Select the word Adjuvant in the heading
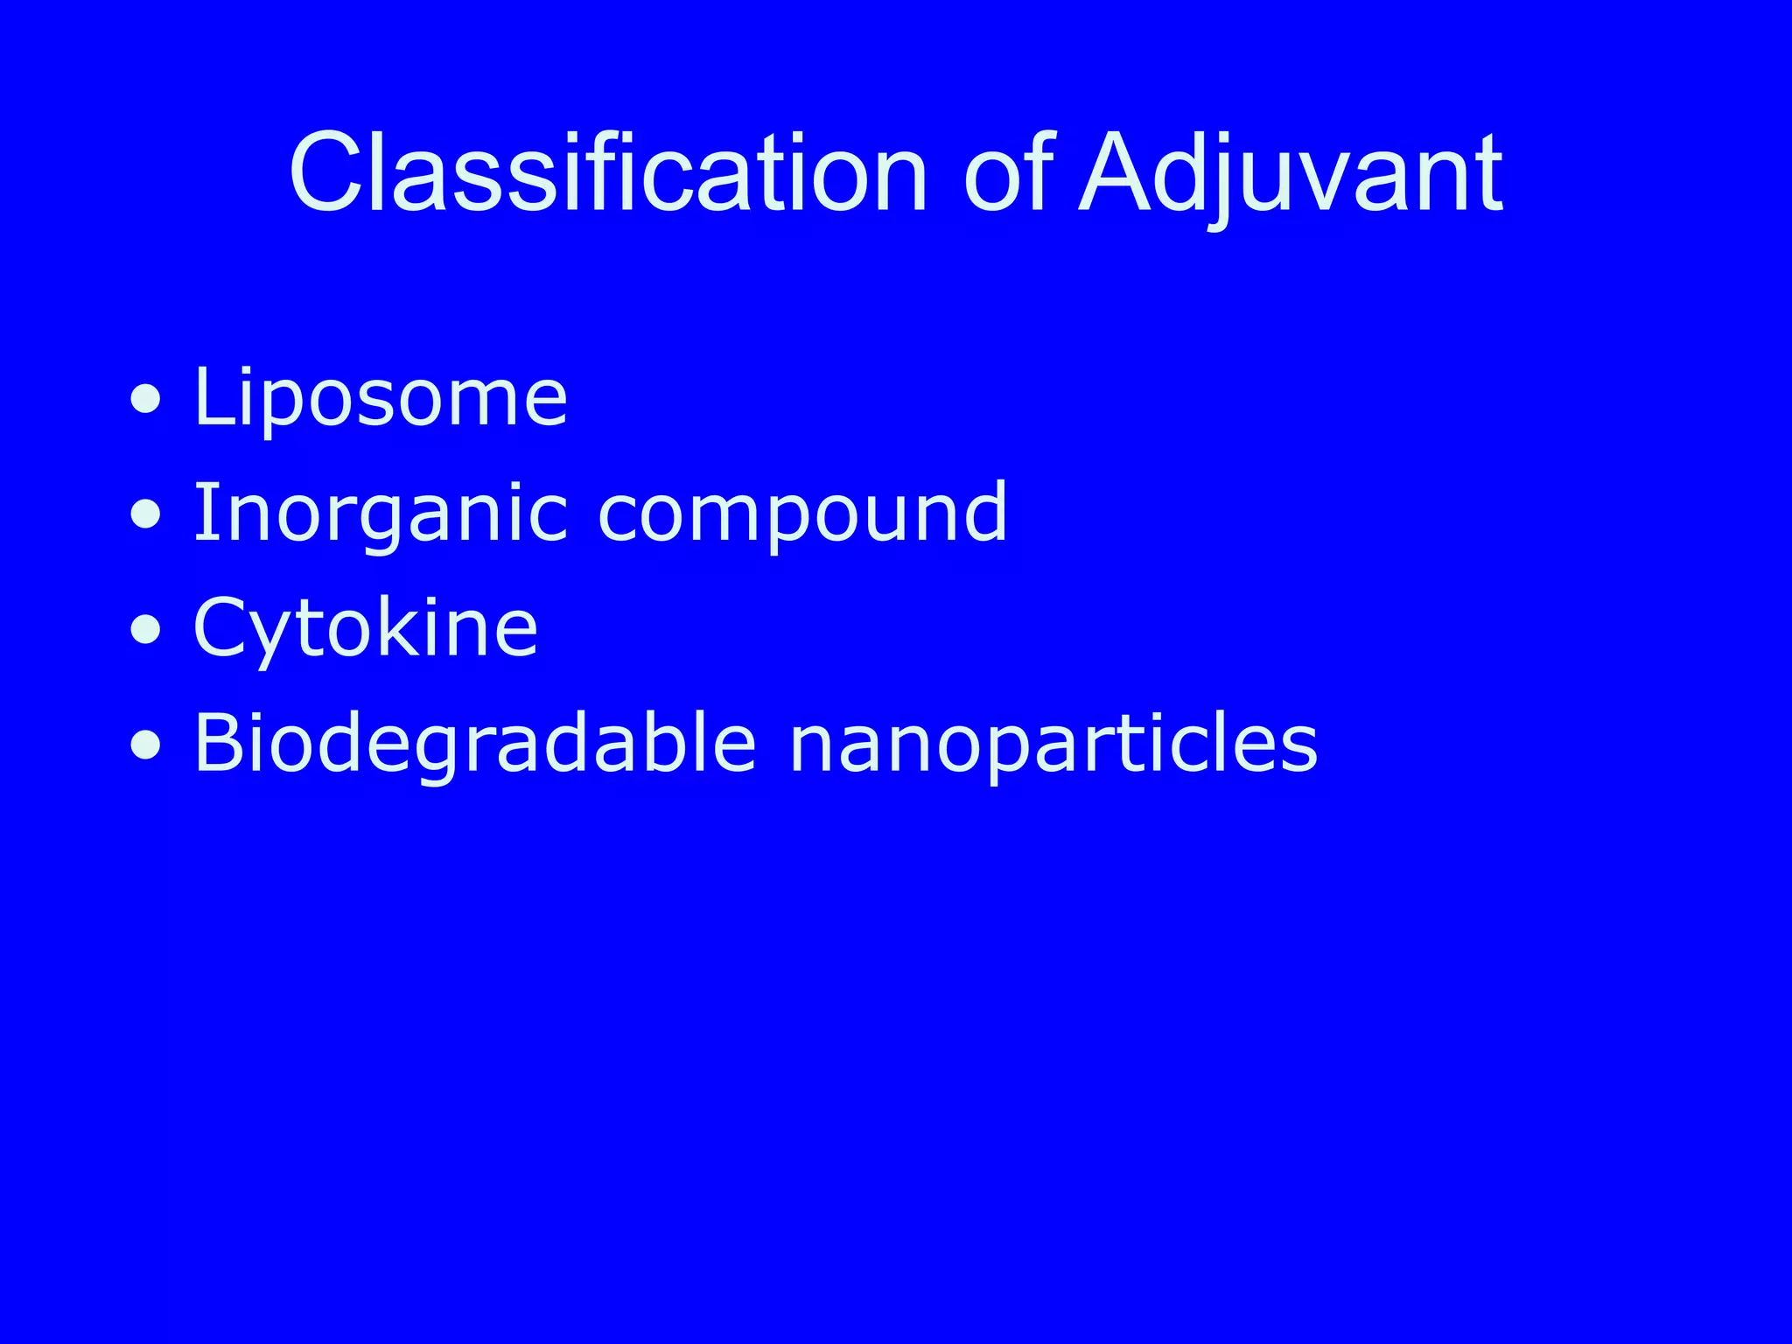tap(1291, 172)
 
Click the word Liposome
tap(380, 398)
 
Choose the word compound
tap(801, 514)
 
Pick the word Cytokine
tap(365, 628)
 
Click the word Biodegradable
tap(474, 744)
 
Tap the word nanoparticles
tap(1053, 744)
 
